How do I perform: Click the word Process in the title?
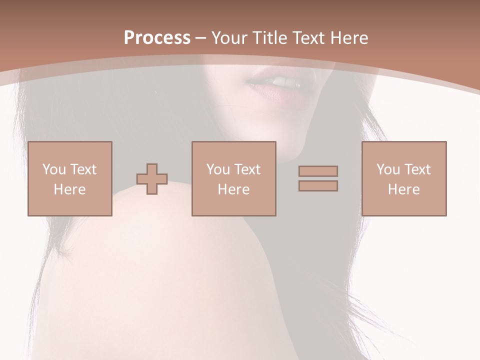tap(157, 38)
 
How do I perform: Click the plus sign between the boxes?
tap(152, 179)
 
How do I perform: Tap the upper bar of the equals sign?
tap(318, 171)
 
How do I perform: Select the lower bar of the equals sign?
tap(318, 186)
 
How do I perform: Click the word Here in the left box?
tap(70, 189)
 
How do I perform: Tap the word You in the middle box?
tap(218, 169)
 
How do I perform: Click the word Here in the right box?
tap(404, 189)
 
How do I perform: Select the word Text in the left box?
tap(83, 169)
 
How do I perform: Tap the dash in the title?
tap(201, 38)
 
